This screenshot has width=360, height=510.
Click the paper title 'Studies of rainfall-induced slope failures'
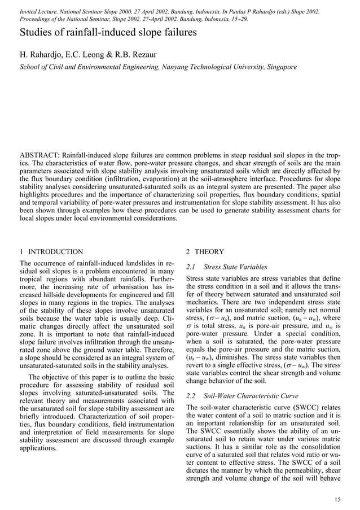click(108, 32)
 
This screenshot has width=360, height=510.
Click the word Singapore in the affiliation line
click(278, 67)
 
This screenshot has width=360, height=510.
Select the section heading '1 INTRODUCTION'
click(51, 252)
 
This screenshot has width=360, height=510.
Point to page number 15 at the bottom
click(337, 498)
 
